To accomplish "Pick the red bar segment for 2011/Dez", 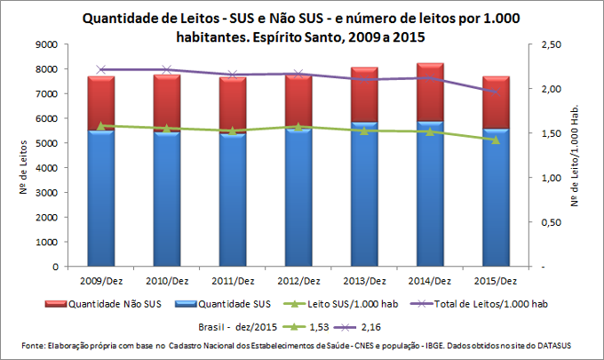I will click(233, 104).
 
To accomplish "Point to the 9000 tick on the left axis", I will click(46, 44).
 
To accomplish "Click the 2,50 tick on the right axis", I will click(550, 44).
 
